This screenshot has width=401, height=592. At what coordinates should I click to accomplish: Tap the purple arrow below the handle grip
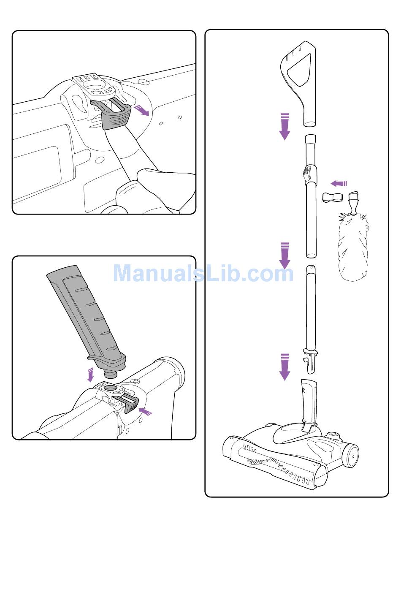(285, 127)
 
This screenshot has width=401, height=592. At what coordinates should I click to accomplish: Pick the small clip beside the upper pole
(332, 197)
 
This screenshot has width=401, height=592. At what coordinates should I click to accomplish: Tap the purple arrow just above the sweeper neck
(285, 367)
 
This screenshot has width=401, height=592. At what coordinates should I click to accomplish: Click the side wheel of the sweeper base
(350, 456)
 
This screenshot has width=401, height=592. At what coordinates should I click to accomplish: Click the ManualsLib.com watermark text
(203, 273)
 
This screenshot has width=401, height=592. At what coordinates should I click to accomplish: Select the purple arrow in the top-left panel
(141, 110)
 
